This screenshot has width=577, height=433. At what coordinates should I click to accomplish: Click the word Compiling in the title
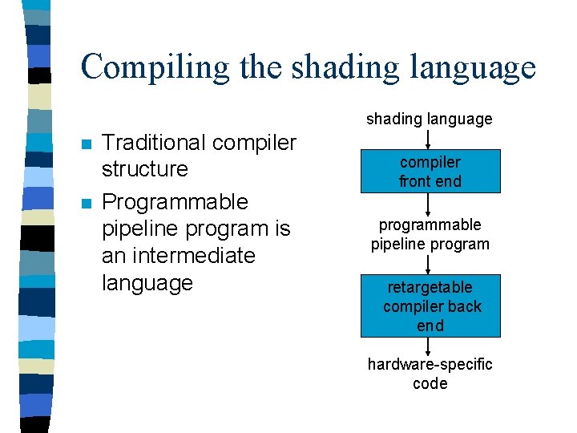(155, 67)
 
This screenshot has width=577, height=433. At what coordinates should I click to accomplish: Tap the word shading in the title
(345, 67)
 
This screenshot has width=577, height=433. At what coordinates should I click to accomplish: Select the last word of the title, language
(473, 68)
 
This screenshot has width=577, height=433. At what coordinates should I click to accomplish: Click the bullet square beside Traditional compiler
(87, 144)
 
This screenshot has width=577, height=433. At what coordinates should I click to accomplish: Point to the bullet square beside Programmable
(87, 204)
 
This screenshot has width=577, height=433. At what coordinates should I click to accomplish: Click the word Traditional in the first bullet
(153, 142)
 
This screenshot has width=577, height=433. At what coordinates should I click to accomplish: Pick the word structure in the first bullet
(145, 169)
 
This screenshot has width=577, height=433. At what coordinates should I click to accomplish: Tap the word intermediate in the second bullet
(194, 255)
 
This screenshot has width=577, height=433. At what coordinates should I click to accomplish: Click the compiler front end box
(430, 172)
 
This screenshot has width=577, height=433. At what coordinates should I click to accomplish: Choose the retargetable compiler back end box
(430, 306)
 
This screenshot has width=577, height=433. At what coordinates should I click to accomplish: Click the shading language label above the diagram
(430, 119)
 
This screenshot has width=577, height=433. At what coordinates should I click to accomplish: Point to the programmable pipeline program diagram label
(430, 234)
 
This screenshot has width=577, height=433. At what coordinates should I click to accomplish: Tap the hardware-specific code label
(430, 374)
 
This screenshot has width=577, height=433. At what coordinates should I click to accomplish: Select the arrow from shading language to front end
(428, 140)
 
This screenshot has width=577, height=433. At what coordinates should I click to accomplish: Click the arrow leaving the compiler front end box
(428, 204)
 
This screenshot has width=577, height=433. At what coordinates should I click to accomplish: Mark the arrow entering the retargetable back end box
(428, 265)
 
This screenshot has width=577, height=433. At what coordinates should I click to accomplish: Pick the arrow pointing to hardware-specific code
(428, 346)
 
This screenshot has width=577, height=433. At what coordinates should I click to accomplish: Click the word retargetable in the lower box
(430, 287)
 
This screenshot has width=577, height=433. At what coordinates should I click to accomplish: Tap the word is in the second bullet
(283, 229)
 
